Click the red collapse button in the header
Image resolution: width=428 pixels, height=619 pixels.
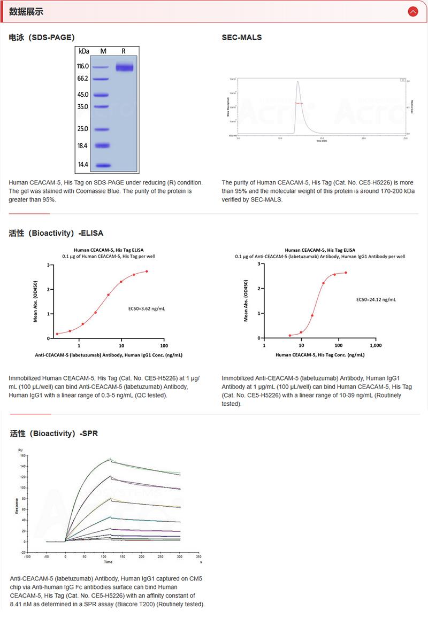[412, 11]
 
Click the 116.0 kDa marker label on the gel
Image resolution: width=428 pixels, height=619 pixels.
[82, 66]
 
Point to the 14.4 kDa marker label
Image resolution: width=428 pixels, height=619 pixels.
[83, 165]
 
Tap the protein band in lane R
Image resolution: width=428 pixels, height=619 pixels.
[125, 67]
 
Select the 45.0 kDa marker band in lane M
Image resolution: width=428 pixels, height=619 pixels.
[103, 95]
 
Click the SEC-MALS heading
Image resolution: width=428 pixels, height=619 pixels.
[242, 37]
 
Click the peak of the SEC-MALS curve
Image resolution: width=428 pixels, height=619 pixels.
[298, 82]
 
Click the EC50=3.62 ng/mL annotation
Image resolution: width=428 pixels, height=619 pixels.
[147, 308]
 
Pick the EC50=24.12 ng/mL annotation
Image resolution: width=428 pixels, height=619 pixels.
[376, 299]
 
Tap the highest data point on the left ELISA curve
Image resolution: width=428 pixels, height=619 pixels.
[147, 271]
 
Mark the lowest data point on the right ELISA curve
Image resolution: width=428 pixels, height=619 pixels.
[290, 336]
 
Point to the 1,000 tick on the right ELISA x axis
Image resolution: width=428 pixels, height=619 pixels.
[376, 346]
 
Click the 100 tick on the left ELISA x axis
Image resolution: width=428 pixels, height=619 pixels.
[164, 346]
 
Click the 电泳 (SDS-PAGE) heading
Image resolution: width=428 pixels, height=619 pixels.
[42, 37]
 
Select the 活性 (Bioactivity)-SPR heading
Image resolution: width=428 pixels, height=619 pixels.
[53, 434]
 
